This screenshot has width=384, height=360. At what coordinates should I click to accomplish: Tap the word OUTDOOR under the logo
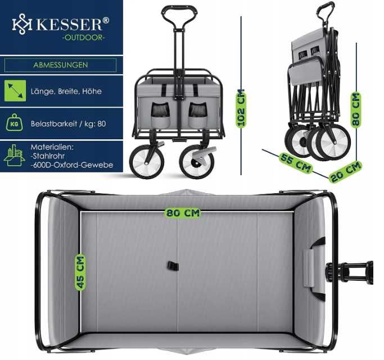(x=83, y=38)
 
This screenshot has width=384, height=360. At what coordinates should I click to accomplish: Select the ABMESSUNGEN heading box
(x=61, y=65)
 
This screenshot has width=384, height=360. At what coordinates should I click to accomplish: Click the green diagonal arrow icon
(x=15, y=91)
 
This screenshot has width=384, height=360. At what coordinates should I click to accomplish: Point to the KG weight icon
(x=15, y=123)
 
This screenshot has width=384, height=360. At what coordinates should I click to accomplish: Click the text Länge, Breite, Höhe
(x=66, y=92)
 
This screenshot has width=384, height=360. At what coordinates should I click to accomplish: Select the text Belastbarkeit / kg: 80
(x=69, y=124)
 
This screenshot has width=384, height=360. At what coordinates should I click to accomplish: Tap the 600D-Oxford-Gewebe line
(x=72, y=165)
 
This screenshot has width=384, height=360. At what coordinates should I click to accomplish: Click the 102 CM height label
(x=241, y=108)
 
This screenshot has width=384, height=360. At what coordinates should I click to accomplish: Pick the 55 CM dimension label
(x=296, y=163)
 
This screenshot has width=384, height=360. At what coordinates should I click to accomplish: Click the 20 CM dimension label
(x=346, y=171)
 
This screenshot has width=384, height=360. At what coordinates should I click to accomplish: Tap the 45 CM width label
(x=80, y=272)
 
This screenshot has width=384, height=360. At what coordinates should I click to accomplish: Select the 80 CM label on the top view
(x=183, y=213)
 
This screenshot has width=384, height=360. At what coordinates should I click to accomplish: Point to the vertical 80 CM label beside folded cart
(x=356, y=110)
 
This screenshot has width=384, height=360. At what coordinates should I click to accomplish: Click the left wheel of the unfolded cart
(x=147, y=161)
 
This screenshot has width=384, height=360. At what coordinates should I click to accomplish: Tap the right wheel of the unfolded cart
(x=197, y=162)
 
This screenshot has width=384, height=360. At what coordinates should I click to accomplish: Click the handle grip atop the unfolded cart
(x=179, y=10)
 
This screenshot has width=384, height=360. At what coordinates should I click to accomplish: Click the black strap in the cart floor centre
(x=173, y=266)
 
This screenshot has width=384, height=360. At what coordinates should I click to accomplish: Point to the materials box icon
(x=14, y=155)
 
